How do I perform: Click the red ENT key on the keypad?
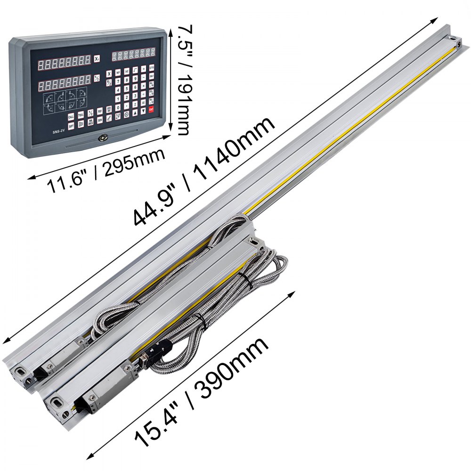click(x=152, y=110)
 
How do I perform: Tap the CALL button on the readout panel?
click(x=71, y=117)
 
